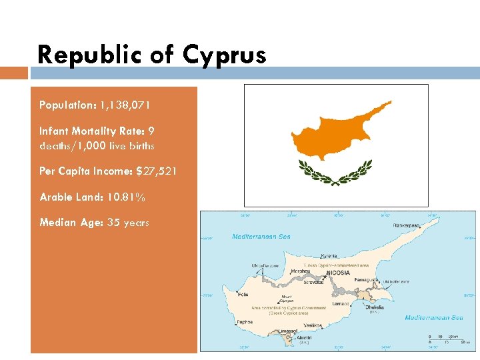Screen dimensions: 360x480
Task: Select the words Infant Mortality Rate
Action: [x=88, y=131]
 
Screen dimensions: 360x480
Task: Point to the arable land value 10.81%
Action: [x=125, y=197]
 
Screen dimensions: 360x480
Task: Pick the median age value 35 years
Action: [x=127, y=223]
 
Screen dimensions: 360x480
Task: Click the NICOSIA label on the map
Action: [x=339, y=273]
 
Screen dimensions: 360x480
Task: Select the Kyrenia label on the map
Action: [x=329, y=255]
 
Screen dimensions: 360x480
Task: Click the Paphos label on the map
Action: [x=245, y=323]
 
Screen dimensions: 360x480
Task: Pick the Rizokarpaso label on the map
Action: [x=406, y=225]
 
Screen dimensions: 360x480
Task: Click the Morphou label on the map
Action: [x=301, y=271]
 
